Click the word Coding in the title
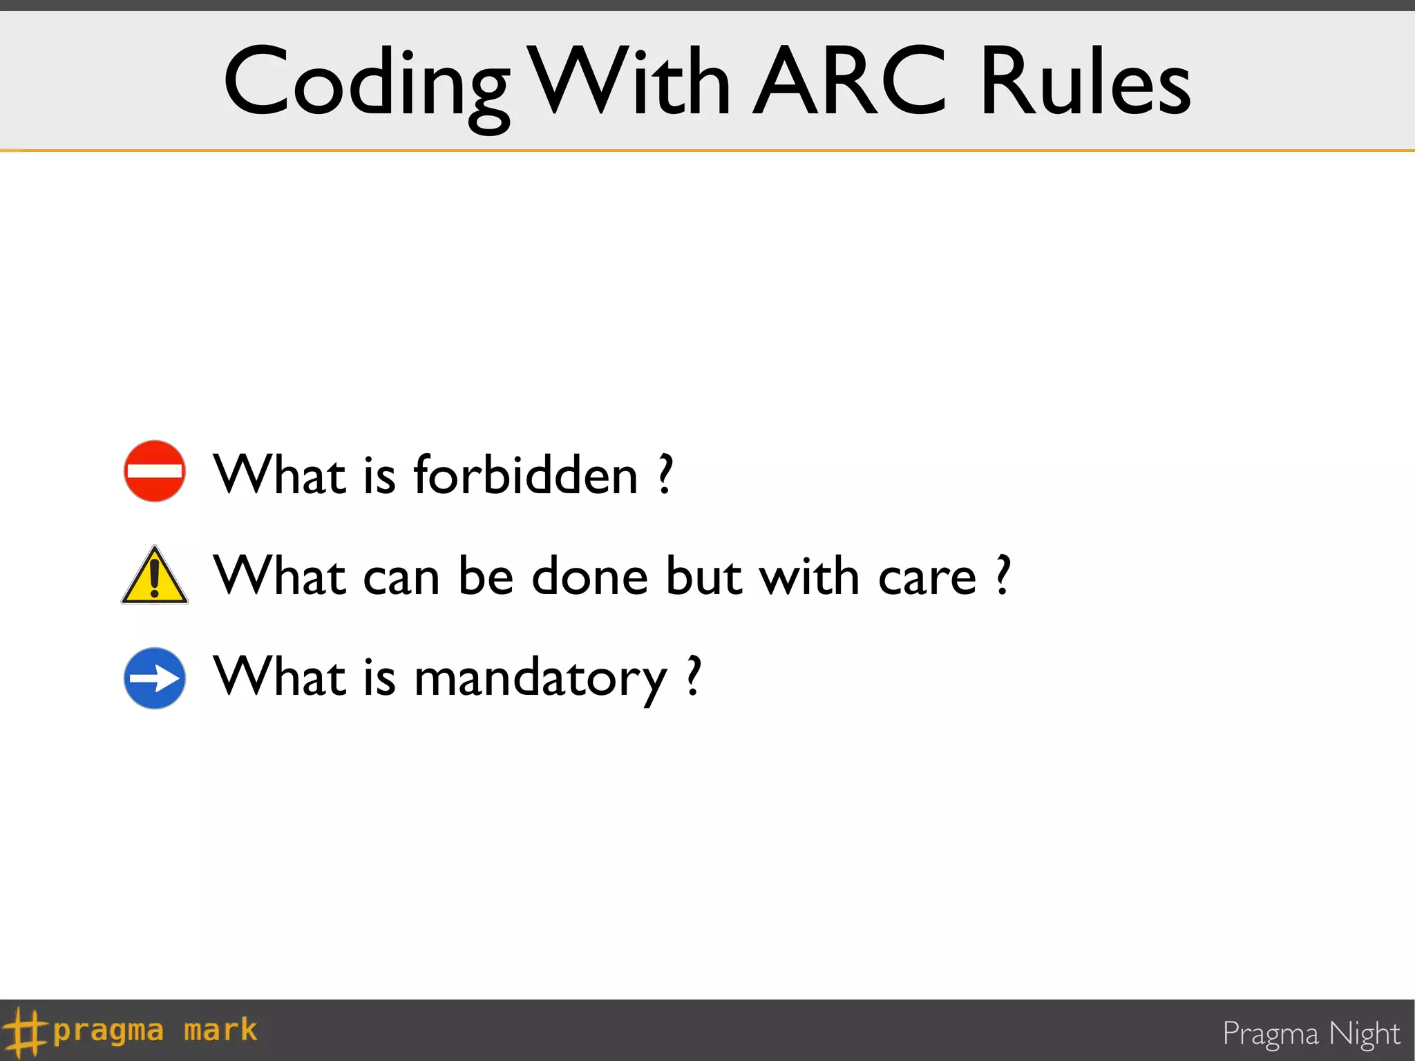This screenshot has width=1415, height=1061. click(366, 83)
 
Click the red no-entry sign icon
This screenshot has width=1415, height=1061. click(155, 471)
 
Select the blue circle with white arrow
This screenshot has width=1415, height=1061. click(155, 678)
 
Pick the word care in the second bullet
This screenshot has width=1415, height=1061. click(927, 577)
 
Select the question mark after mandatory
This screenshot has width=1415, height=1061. click(694, 677)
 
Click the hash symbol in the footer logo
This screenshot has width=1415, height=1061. click(25, 1032)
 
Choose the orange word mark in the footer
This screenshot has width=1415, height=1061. click(220, 1031)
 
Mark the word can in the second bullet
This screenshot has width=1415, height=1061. click(401, 577)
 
